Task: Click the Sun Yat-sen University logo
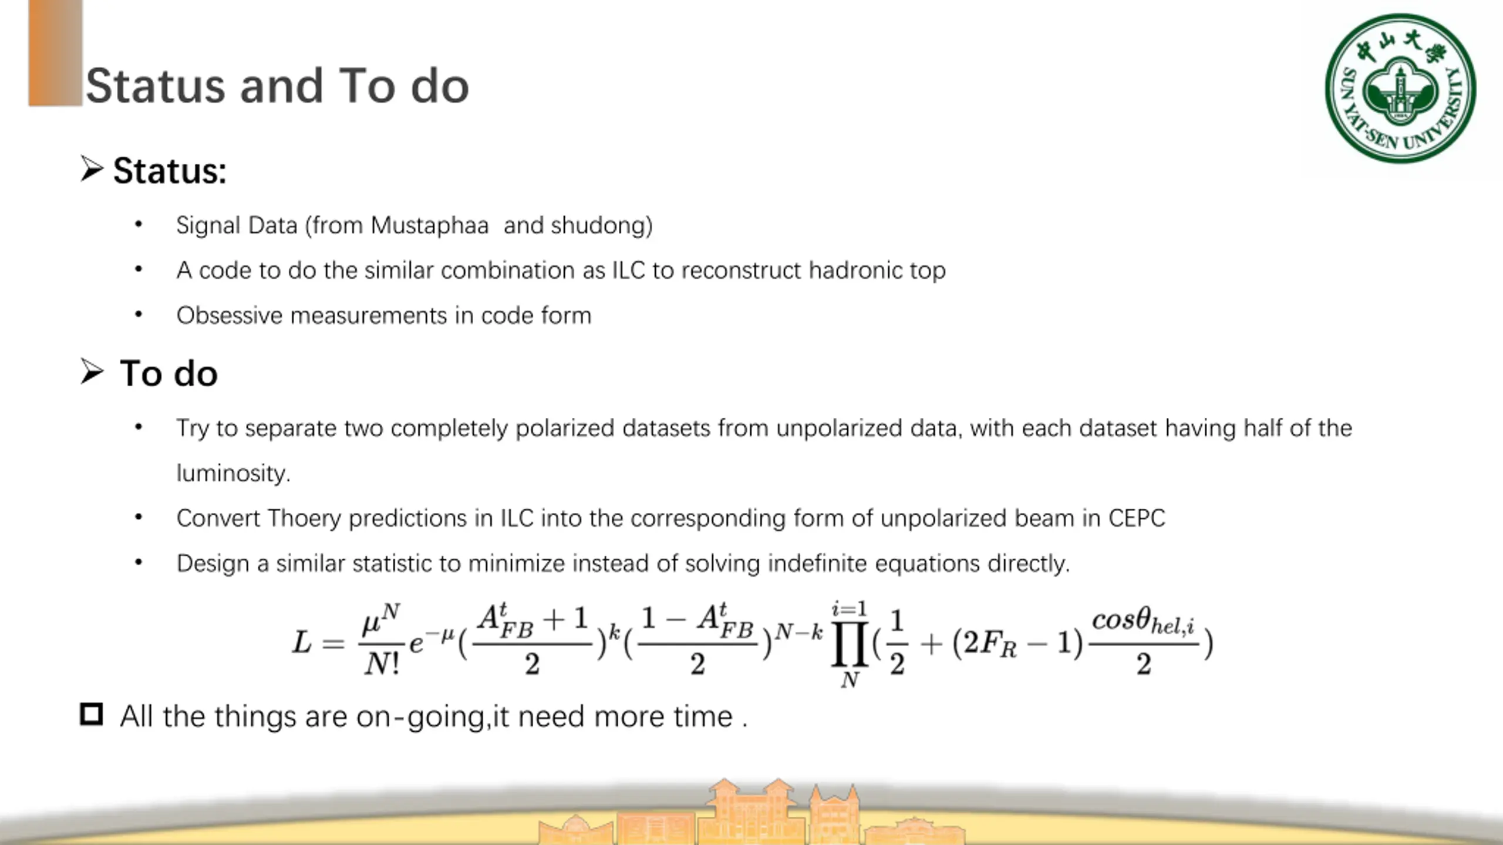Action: pyautogui.click(x=1400, y=89)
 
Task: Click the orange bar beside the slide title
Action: pyautogui.click(x=55, y=53)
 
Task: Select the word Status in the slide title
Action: pyautogui.click(x=156, y=86)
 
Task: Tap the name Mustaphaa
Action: pyautogui.click(x=430, y=225)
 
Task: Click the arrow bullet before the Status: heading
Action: pyautogui.click(x=92, y=169)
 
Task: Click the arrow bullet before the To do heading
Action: pyautogui.click(x=92, y=371)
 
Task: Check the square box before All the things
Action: pyautogui.click(x=91, y=714)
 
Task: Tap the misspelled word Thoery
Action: pyautogui.click(x=304, y=519)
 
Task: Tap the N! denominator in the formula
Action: pyautogui.click(x=382, y=664)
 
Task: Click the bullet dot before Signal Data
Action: pyautogui.click(x=139, y=224)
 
